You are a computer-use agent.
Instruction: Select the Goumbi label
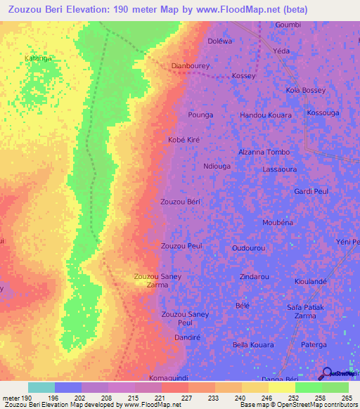[288, 25]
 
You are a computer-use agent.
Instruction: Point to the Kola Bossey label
[305, 91]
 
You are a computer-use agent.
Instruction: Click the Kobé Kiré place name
[184, 140]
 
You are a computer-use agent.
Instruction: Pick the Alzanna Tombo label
[264, 152]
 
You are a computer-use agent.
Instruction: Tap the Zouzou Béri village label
[181, 202]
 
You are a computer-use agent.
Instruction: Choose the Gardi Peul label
[311, 191]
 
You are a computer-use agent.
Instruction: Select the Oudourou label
[249, 249]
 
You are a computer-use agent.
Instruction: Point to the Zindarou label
[254, 277]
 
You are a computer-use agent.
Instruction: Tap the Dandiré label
[188, 338]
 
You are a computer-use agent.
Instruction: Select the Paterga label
[314, 345]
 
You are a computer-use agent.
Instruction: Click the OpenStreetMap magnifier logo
[326, 373]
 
